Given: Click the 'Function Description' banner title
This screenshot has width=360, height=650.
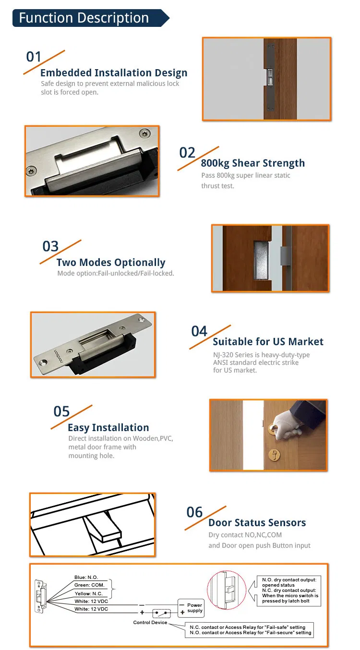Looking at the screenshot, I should coord(84,18).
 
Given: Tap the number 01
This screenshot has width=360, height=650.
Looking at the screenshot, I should coord(34,57).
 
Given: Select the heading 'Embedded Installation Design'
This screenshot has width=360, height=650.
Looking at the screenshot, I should coord(114,73).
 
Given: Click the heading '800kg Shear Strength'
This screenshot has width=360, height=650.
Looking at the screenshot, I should coord(252,163).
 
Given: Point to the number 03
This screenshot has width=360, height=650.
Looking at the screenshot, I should coord(50,246).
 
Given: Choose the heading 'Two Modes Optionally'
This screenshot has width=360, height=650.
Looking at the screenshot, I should coord(111,263).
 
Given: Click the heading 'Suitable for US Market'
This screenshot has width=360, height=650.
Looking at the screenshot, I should coord(268,342).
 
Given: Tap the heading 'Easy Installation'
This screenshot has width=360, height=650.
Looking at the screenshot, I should coord(108,428).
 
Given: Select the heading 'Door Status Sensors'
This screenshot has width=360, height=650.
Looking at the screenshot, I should coord(257,523).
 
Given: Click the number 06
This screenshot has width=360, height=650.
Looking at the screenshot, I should coord(195,512).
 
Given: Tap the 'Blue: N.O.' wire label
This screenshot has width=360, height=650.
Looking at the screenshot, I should coord(86,578).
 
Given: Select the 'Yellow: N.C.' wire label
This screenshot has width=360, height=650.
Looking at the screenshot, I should coord(89,593).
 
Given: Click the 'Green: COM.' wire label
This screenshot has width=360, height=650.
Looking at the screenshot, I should coord(89,585).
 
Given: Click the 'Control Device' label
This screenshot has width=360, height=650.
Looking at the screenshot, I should coord(150,623).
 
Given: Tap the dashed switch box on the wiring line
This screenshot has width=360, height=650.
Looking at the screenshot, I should coord(161,613).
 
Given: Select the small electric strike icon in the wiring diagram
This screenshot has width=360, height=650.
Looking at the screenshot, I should coord(41,596).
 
